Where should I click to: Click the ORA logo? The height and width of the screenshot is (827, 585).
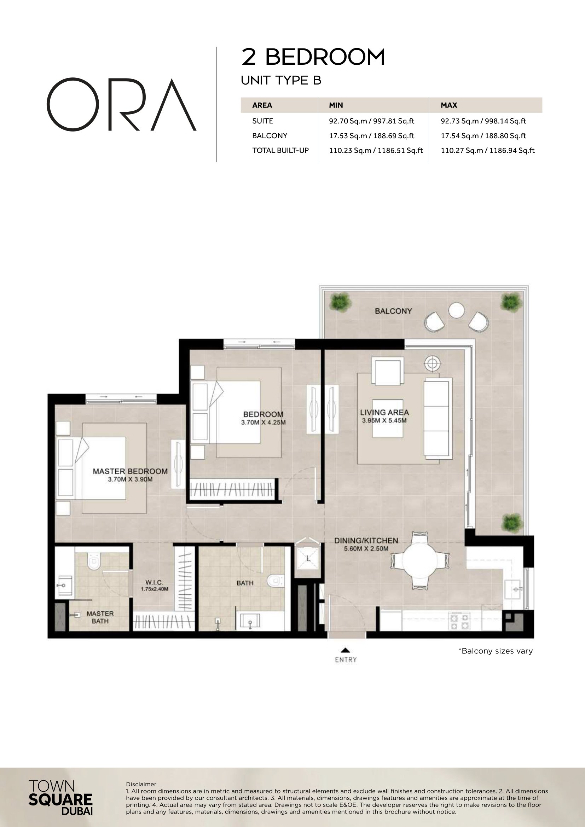[x=121, y=104]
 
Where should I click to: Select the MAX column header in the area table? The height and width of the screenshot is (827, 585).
[x=449, y=105]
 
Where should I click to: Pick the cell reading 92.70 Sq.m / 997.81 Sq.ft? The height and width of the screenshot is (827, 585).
[x=371, y=121]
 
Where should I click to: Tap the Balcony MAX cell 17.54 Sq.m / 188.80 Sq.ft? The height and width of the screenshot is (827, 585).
[x=483, y=136]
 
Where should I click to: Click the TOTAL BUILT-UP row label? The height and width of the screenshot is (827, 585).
[x=280, y=151]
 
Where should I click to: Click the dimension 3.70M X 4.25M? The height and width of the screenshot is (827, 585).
[x=263, y=422]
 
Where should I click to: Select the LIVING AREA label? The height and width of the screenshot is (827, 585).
[x=384, y=412]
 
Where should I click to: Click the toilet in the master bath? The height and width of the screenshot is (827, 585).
[x=94, y=561]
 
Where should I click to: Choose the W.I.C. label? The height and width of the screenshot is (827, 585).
[x=154, y=582]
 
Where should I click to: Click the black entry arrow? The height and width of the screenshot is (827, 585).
[x=346, y=650]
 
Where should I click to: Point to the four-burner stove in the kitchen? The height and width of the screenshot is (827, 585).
[x=459, y=622]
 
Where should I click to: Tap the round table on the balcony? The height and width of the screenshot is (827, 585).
[x=456, y=310]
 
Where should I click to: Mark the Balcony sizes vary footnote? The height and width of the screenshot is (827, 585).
[x=495, y=651]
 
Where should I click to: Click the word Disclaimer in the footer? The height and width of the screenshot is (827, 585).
[x=141, y=784]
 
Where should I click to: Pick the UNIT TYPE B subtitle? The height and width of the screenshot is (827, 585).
[x=281, y=80]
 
